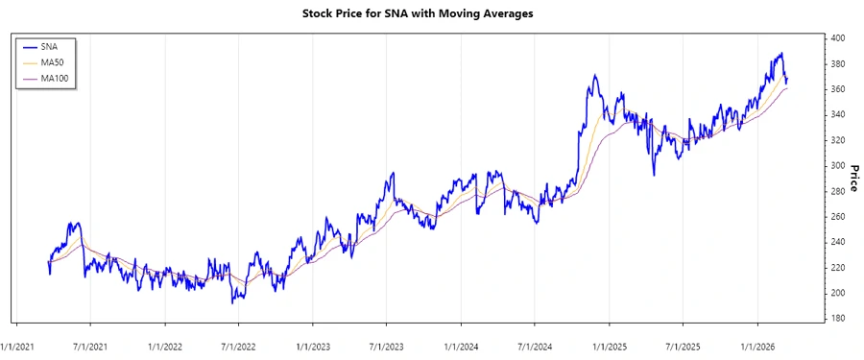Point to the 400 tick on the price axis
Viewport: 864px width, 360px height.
pyautogui.click(x=839, y=38)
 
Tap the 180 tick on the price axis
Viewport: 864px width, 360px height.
pyautogui.click(x=839, y=319)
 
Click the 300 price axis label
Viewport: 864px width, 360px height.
pyautogui.click(x=839, y=166)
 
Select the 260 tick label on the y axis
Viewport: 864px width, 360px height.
pyautogui.click(x=839, y=217)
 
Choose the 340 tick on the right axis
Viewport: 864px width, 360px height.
pyautogui.click(x=839, y=115)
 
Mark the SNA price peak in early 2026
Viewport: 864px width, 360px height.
pyautogui.click(x=780, y=54)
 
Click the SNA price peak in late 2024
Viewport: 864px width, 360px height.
pyautogui.click(x=594, y=76)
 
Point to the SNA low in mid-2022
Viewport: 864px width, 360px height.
pyautogui.click(x=232, y=302)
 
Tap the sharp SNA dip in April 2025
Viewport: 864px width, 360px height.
pyautogui.click(x=654, y=174)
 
